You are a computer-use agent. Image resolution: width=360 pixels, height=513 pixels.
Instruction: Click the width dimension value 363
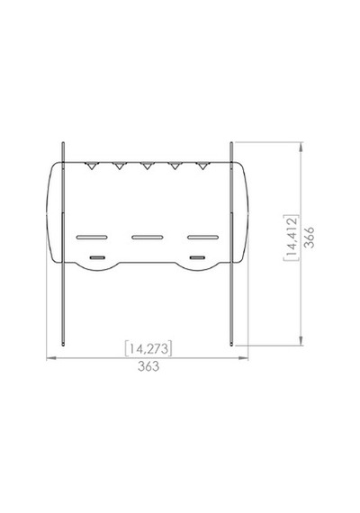click(x=148, y=366)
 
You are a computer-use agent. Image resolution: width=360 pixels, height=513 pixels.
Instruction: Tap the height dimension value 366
click(x=309, y=237)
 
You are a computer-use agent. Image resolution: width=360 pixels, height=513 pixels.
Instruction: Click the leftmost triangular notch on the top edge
click(x=91, y=166)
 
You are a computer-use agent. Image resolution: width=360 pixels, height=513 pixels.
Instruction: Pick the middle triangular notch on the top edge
click(x=147, y=166)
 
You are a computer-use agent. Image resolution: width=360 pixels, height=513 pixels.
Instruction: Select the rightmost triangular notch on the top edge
click(x=202, y=166)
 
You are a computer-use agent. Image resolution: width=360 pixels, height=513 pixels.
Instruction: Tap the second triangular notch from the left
click(x=119, y=166)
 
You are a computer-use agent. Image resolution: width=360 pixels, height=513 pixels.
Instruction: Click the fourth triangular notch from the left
click(x=175, y=166)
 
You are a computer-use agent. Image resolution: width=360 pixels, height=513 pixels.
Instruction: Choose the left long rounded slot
click(x=92, y=237)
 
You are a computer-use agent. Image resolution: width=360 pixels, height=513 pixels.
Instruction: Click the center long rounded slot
click(x=148, y=237)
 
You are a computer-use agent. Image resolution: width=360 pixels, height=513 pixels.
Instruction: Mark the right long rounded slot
click(x=202, y=237)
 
